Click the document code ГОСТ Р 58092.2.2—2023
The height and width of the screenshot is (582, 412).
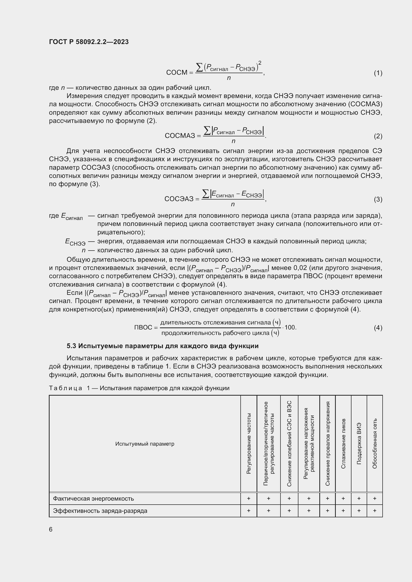coord(89,42)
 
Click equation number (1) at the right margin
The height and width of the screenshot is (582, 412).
coord(378,73)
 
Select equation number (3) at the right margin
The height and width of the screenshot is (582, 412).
coord(378,199)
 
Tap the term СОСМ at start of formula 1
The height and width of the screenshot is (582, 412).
coord(177,73)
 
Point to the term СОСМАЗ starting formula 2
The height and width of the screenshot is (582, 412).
coord(180,136)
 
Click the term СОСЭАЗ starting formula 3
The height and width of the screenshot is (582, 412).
coord(179,199)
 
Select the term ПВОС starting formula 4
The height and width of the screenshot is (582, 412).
coord(143,327)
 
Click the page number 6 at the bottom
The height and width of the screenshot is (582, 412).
coord(51,529)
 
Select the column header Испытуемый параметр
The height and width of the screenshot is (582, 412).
coord(145,444)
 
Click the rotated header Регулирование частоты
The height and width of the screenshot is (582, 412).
coord(249,444)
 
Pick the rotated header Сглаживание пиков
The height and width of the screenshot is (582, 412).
coord(343,444)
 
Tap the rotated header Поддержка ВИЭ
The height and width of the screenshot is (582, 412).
coord(359,444)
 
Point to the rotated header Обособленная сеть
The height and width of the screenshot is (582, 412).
coord(375,444)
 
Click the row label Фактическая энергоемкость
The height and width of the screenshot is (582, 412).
coord(93,499)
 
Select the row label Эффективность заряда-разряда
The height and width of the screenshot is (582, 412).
coord(100,511)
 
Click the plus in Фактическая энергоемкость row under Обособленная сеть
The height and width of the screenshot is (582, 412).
coord(375,499)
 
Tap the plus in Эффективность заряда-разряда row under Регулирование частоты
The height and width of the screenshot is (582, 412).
coord(249,511)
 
